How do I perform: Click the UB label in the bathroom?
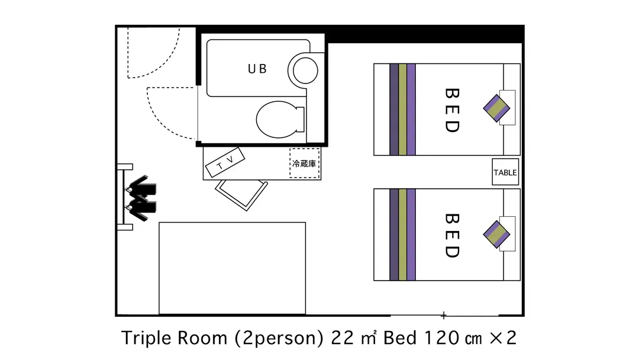(257, 69)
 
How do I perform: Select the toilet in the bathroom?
(280, 120)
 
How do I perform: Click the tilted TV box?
(225, 162)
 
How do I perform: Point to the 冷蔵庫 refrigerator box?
(305, 163)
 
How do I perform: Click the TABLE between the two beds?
(505, 172)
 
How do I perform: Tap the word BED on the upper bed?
(452, 110)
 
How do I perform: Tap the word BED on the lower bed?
(452, 236)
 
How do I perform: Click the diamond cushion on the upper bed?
(497, 108)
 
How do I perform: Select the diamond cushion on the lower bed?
(497, 234)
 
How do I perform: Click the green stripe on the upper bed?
(403, 110)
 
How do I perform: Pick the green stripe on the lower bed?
(403, 234)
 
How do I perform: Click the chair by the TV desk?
(241, 194)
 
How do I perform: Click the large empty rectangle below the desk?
(233, 268)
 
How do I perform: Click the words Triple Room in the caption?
(175, 338)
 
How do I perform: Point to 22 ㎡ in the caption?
(354, 338)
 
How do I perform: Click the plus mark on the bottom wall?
(443, 315)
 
